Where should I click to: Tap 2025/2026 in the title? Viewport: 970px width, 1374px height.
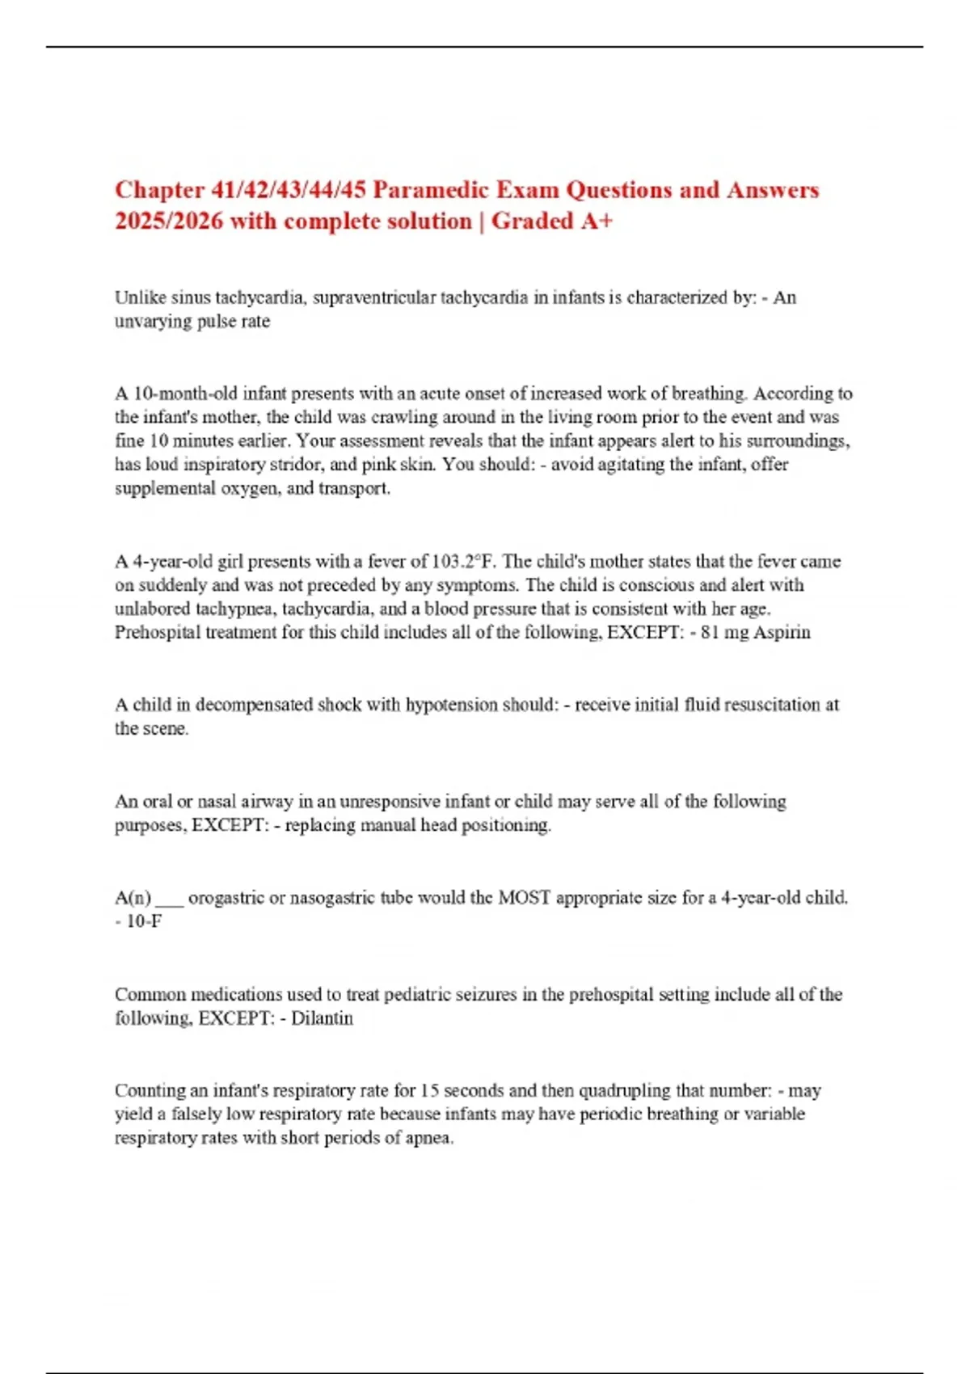coord(168,221)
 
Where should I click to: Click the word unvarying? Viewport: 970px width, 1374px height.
coord(151,321)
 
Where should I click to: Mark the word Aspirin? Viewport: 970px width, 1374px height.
coord(781,632)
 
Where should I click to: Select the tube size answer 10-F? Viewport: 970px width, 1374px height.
coord(144,921)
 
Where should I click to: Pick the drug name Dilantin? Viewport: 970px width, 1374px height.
coord(322,1018)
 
